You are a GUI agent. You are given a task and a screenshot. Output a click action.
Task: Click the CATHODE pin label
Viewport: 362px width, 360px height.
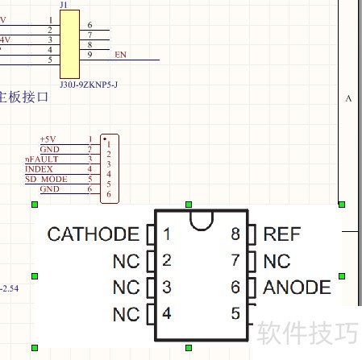pyautogui.click(x=93, y=234)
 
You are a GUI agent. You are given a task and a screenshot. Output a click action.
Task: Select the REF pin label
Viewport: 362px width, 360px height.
pyautogui.click(x=281, y=234)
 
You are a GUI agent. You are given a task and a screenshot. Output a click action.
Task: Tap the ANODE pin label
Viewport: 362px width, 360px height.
pyautogui.click(x=298, y=287)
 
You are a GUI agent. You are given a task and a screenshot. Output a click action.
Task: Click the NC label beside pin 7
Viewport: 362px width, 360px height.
pyautogui.click(x=277, y=261)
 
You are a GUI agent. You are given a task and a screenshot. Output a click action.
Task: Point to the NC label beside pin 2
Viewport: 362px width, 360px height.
pyautogui.click(x=126, y=261)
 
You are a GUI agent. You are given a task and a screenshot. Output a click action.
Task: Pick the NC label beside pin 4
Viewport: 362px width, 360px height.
pyautogui.click(x=126, y=313)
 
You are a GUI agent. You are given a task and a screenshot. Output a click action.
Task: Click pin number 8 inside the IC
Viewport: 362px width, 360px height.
pyautogui.click(x=235, y=234)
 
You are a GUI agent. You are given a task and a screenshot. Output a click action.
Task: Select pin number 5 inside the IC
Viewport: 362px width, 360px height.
pyautogui.click(x=235, y=313)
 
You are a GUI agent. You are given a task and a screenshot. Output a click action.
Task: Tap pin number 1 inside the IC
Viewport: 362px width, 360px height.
pyautogui.click(x=167, y=234)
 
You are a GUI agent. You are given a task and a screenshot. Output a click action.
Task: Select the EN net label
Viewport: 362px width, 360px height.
pyautogui.click(x=121, y=55)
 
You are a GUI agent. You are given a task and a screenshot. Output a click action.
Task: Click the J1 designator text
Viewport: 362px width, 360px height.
pyautogui.click(x=64, y=6)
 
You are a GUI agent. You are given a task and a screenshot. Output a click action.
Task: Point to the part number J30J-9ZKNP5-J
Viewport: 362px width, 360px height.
pyautogui.click(x=89, y=83)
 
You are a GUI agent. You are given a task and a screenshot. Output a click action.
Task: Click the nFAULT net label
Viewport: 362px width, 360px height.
pyautogui.click(x=42, y=159)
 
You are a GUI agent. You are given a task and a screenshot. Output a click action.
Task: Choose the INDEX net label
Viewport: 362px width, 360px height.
pyautogui.click(x=39, y=169)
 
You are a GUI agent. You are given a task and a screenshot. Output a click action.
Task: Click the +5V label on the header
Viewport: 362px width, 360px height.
pyautogui.click(x=49, y=140)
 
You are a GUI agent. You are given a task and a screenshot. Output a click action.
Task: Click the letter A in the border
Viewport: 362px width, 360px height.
pyautogui.click(x=348, y=98)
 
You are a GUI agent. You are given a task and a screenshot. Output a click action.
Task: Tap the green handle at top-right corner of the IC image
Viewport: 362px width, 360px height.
pyautogui.click(x=342, y=205)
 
